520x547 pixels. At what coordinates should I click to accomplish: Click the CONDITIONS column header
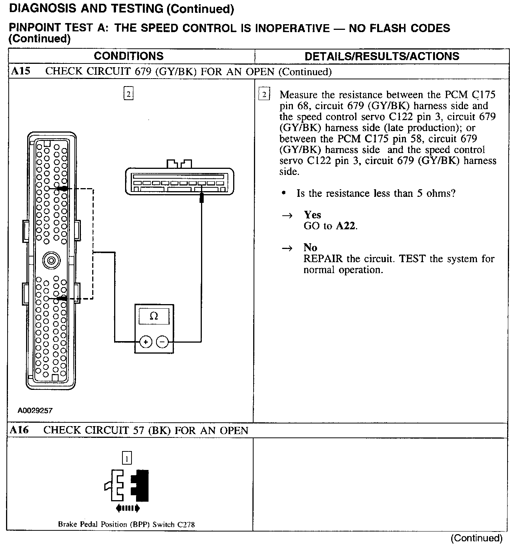pyautogui.click(x=128, y=56)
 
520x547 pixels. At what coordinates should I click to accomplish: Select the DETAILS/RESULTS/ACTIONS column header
pyautogui.click(x=382, y=57)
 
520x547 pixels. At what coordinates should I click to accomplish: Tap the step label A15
pyautogui.click(x=20, y=71)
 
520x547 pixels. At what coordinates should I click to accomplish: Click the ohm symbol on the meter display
pyautogui.click(x=154, y=316)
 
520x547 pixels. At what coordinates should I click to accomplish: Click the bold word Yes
pyautogui.click(x=313, y=215)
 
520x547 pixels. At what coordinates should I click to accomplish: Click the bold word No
pyautogui.click(x=310, y=248)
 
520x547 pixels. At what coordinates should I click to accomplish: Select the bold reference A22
pyautogui.click(x=346, y=226)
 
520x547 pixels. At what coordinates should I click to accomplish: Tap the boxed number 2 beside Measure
pyautogui.click(x=264, y=94)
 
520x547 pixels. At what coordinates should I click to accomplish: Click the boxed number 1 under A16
pyautogui.click(x=127, y=459)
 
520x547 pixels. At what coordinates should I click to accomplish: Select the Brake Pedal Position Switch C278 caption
pyautogui.click(x=126, y=524)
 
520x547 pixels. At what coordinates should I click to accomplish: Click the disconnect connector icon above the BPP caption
pyautogui.click(x=127, y=489)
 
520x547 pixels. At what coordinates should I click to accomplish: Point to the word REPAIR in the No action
pyautogui.click(x=323, y=259)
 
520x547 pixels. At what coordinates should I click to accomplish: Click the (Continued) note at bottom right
pyautogui.click(x=477, y=538)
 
